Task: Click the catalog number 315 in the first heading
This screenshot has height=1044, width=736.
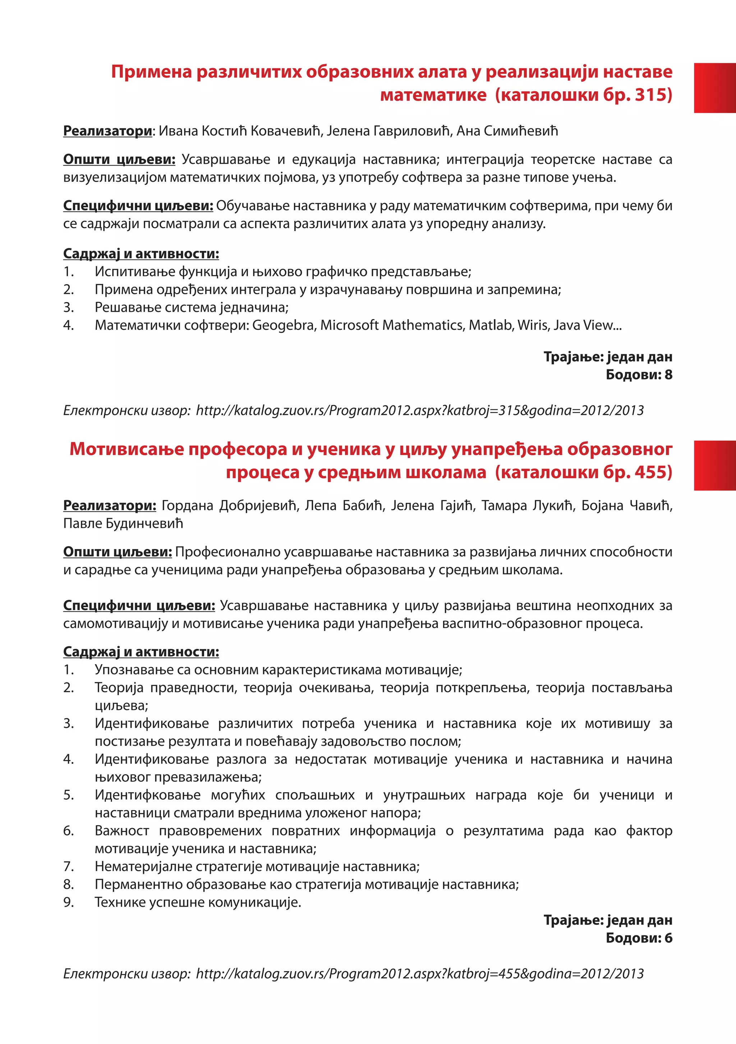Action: click(650, 95)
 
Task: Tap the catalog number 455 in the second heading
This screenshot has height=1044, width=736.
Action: click(650, 472)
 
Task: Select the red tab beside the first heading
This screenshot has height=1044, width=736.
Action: click(715, 88)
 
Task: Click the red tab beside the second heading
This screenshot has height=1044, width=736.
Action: click(715, 465)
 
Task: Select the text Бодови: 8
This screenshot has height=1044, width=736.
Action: click(639, 375)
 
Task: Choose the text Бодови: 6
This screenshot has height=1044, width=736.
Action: click(639, 938)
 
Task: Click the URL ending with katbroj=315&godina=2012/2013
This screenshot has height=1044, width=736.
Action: click(419, 411)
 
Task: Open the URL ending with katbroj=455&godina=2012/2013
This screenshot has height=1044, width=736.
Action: click(419, 974)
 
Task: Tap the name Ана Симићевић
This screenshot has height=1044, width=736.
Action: click(507, 131)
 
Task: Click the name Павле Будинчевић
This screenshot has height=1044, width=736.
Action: click(123, 524)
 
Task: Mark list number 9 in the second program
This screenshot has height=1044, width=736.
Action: click(68, 902)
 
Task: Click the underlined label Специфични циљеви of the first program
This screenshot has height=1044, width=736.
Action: click(138, 206)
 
